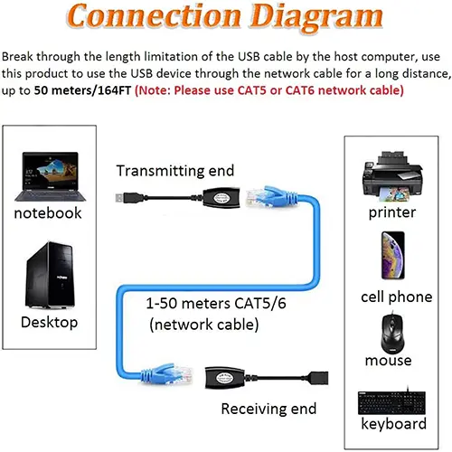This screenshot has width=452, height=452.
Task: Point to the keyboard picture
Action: (393, 400)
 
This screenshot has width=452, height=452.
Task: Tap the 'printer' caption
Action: (392, 213)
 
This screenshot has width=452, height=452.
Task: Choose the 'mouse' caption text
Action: (389, 361)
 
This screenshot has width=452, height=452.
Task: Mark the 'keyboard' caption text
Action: (393, 424)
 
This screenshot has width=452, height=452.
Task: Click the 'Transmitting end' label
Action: (175, 170)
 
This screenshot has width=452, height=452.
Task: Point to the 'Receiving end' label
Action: (269, 409)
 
